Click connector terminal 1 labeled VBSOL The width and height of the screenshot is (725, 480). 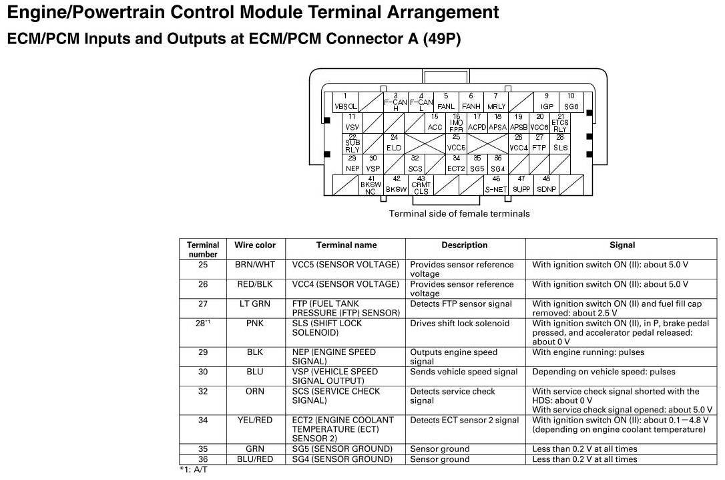(x=345, y=102)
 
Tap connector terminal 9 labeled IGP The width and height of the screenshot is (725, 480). (x=547, y=102)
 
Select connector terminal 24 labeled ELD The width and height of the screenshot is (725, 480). (x=394, y=143)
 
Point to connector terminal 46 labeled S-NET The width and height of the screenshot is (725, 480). (x=496, y=185)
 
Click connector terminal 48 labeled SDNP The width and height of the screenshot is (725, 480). (x=546, y=185)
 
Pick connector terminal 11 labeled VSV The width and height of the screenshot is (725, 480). (x=352, y=122)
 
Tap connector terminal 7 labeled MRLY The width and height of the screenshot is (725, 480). (x=496, y=102)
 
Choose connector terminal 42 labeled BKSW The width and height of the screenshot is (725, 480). (x=396, y=185)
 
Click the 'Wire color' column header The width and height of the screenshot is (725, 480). (x=254, y=245)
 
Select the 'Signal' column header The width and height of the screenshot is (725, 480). (x=622, y=245)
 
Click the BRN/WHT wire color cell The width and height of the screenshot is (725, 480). (x=254, y=265)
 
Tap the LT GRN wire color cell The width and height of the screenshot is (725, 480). (x=254, y=304)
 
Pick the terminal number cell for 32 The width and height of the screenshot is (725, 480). (x=203, y=391)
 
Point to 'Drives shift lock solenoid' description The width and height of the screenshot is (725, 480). (x=459, y=323)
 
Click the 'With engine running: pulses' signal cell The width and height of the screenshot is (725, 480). (x=588, y=352)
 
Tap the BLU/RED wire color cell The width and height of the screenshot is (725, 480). (x=254, y=459)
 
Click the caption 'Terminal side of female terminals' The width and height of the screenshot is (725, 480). (x=459, y=214)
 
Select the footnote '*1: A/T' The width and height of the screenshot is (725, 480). (x=194, y=470)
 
